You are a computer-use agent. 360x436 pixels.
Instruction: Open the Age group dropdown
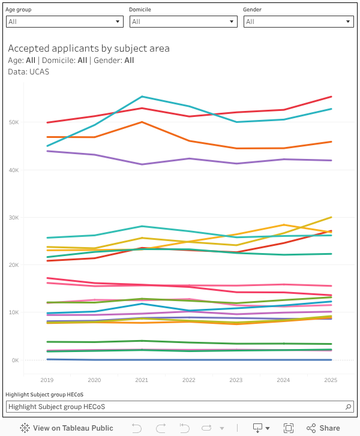[x=64, y=22]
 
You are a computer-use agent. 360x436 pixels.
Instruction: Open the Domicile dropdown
[x=183, y=22]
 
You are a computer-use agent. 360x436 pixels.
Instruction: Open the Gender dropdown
[x=298, y=22]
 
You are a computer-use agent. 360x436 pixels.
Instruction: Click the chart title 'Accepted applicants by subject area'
[x=89, y=49]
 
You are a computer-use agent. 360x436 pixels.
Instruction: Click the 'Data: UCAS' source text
[x=29, y=71]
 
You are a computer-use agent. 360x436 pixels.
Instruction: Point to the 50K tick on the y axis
[x=13, y=122]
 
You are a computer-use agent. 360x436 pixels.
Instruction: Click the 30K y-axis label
[x=13, y=218]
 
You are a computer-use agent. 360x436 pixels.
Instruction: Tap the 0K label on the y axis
[x=14, y=360]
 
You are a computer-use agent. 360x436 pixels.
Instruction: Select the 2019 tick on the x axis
[x=47, y=380]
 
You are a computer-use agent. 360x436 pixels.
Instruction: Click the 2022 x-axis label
[x=189, y=380]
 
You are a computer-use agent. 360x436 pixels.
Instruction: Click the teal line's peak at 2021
[x=142, y=97]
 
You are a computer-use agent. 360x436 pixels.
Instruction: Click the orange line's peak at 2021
[x=142, y=122]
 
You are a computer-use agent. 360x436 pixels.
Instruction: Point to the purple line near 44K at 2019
[x=47, y=151]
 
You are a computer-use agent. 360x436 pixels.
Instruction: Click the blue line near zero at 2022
[x=189, y=360]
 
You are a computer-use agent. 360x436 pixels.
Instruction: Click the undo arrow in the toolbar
[x=137, y=428]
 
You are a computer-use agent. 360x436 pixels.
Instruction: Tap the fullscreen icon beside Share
[x=289, y=428]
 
